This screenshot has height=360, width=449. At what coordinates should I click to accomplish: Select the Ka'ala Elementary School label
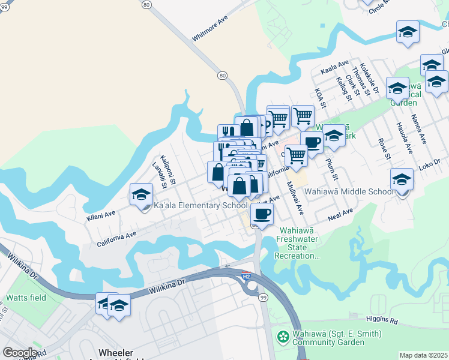click(200, 205)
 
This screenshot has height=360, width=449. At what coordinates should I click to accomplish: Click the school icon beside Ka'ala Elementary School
click(141, 194)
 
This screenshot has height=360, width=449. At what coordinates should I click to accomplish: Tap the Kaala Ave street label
click(334, 67)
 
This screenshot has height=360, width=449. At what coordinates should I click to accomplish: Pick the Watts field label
click(23, 298)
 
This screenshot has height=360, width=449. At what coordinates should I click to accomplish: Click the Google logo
click(20, 353)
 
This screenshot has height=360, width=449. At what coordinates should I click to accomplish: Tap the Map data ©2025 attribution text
click(423, 355)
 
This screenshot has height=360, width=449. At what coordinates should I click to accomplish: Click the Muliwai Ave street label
click(295, 197)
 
